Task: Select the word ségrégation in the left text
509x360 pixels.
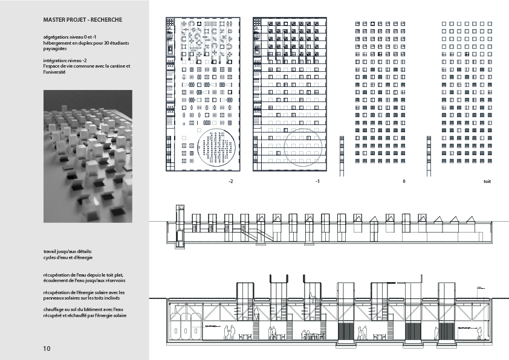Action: point(56,37)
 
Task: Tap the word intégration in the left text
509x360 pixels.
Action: point(55,60)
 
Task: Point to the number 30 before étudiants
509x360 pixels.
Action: point(103,45)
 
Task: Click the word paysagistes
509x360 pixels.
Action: point(56,53)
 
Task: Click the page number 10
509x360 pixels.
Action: point(47,349)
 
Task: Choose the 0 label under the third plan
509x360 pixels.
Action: point(403,181)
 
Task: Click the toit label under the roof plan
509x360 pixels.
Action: point(487,181)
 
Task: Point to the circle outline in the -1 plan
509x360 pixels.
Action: point(304,147)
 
